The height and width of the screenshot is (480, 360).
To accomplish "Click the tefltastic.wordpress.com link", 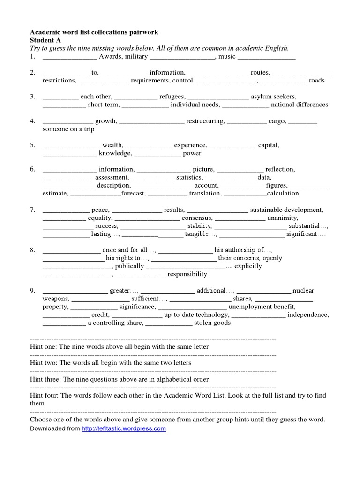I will tap(123, 428).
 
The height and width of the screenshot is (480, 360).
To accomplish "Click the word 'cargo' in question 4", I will tap(277, 121).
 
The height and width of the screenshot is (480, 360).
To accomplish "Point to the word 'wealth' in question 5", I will tap(112, 145).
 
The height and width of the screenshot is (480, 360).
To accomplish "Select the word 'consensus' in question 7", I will tap(197, 217).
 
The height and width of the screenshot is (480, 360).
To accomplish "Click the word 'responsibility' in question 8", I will tap(187, 274).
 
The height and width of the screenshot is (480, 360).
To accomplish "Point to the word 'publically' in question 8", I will tap(129, 266).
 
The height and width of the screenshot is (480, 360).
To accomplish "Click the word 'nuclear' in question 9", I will tap(303, 291).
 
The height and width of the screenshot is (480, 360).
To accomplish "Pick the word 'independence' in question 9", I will tap(308, 315).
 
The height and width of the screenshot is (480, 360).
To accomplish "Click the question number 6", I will tap(33, 169).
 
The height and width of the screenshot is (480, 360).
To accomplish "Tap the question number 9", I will tap(33, 291).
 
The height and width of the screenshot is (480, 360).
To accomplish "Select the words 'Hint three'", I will tap(45, 379).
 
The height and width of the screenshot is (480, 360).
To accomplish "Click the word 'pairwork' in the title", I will tap(143, 32).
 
